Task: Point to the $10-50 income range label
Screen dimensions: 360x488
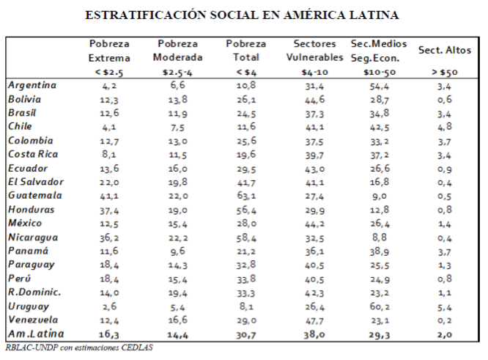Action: [380, 73]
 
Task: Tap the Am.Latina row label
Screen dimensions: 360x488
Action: [34, 334]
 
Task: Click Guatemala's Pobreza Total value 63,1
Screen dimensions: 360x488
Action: [240, 196]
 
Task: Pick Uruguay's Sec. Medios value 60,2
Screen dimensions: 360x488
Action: [380, 306]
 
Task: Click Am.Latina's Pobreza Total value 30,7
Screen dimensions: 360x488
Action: [240, 334]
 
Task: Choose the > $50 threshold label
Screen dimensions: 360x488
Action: [444, 73]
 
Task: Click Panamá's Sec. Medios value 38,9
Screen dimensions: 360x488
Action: [380, 251]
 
